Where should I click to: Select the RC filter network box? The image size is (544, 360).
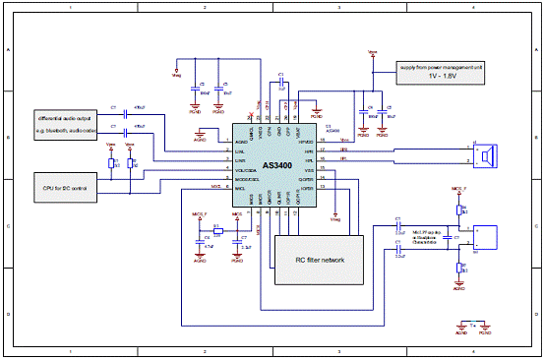tap(320, 259)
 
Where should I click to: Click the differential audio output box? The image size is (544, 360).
tap(65, 120)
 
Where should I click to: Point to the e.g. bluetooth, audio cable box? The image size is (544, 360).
tap(65, 130)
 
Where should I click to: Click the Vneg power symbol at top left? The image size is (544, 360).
tap(176, 72)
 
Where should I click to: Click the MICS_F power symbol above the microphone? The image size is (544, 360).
tap(457, 188)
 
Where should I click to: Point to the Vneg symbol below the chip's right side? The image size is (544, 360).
tap(336, 217)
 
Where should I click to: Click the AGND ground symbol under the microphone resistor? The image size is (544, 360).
tap(458, 286)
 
